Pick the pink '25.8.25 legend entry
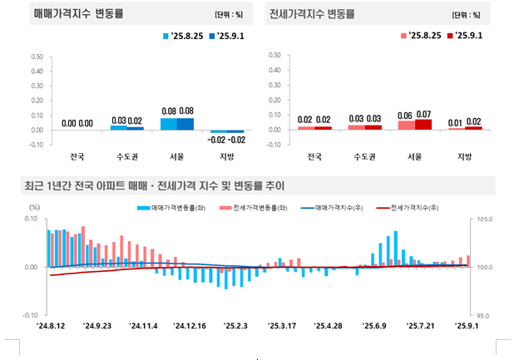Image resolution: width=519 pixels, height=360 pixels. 422,37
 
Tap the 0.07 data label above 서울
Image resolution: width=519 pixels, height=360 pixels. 424,113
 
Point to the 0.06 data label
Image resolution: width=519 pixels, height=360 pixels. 406,116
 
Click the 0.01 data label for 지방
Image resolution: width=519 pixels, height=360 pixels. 455,122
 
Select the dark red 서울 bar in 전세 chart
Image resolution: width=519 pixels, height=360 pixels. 424,125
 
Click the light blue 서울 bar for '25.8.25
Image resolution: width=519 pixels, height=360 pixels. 168,124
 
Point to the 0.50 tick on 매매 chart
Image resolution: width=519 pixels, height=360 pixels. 37,57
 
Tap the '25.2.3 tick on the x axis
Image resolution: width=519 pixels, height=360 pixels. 237,326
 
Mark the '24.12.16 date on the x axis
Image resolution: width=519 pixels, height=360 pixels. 190,326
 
